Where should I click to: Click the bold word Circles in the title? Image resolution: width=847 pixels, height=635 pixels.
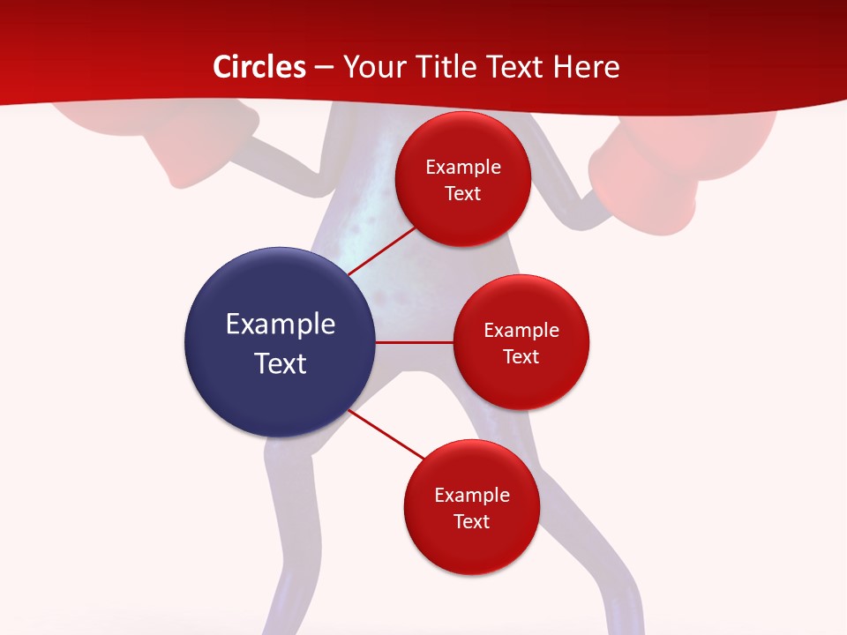pos(259,67)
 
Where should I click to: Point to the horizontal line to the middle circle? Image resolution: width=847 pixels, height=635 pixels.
pos(414,342)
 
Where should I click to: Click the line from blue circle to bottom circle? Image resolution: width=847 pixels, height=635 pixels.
pos(386,435)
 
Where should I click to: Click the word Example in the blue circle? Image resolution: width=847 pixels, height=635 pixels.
pos(281,324)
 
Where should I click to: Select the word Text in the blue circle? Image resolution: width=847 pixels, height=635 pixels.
pos(281,363)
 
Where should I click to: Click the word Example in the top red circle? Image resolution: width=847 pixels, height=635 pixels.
pos(463,167)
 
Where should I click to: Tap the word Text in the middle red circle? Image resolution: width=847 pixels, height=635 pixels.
pos(521,356)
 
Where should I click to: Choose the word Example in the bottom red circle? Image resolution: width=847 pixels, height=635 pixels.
pos(472,495)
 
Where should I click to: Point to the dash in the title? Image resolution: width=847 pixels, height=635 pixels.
pos(324,67)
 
